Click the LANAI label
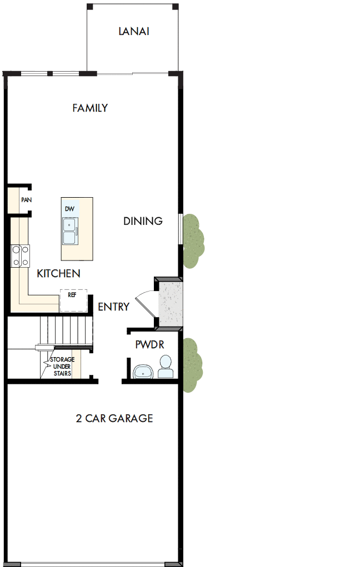pos(134,32)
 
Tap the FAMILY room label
pos(90,108)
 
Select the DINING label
pos(143,221)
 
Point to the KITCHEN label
pos(58,273)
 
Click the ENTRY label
pos(113,307)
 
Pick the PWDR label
pos(150,344)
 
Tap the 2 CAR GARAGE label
pos(114,418)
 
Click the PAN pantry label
pos(26,200)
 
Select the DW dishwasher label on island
pos(69,209)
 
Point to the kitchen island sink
pos(70,231)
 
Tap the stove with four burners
pos(20,257)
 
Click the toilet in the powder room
pos(165,367)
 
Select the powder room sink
pos(143,372)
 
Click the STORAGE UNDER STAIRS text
pos(62,367)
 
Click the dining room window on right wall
pos(180,228)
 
